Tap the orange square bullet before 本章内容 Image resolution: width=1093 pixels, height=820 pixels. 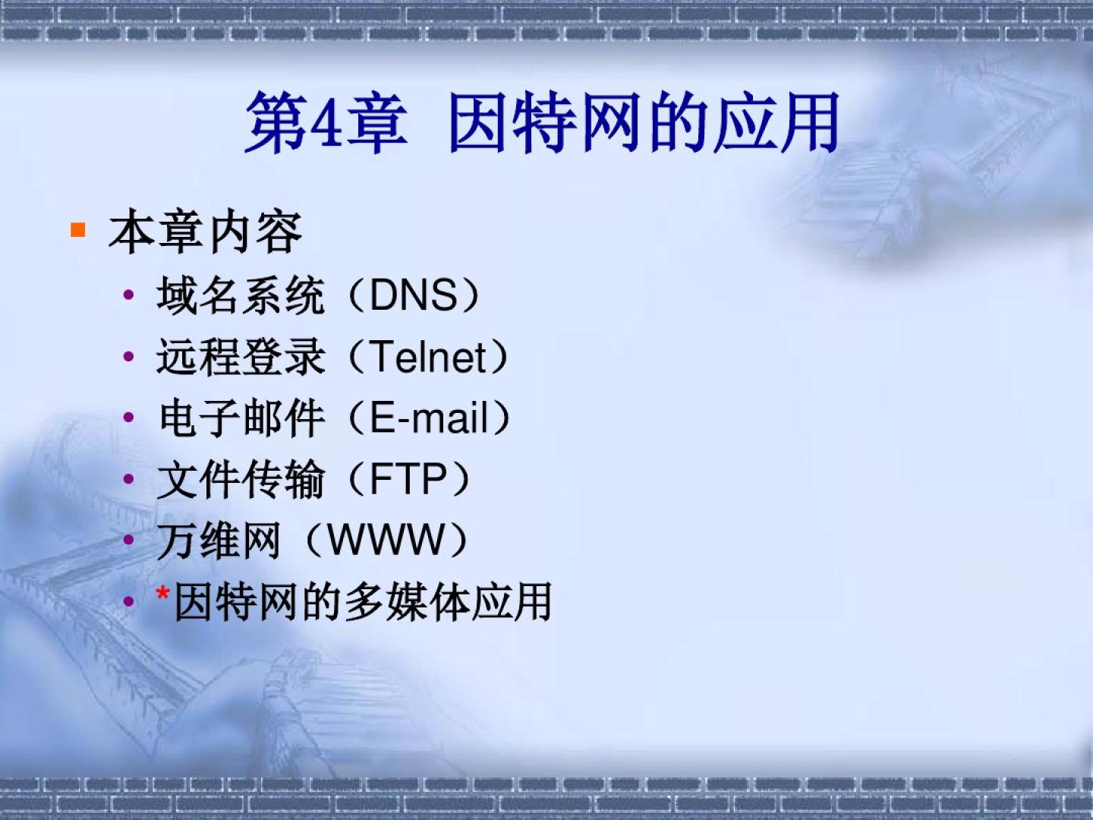pyautogui.click(x=78, y=230)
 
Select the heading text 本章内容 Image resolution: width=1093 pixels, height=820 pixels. pyautogui.click(x=205, y=232)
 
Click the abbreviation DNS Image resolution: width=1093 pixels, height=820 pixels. pyautogui.click(x=414, y=295)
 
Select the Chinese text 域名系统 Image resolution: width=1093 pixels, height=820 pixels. pyautogui.click(x=241, y=295)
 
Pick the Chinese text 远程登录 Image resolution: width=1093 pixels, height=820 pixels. pyautogui.click(x=241, y=357)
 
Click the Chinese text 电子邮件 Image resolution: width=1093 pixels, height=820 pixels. pyautogui.click(x=241, y=418)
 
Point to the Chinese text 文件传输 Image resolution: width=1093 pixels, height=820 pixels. pyautogui.click(x=241, y=478)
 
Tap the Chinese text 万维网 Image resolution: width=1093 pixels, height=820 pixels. pyautogui.click(x=219, y=540)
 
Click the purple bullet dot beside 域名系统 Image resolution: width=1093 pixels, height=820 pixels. pyautogui.click(x=128, y=295)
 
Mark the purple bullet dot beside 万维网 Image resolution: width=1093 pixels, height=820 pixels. pyautogui.click(x=128, y=539)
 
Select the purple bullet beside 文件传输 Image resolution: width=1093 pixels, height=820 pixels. pyautogui.click(x=128, y=478)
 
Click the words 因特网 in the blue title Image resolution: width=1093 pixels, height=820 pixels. pyautogui.click(x=544, y=122)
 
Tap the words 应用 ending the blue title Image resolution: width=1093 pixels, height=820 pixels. pyautogui.click(x=776, y=122)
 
